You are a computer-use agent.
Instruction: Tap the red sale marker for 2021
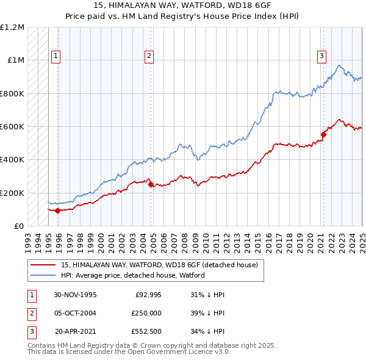[x=324, y=135]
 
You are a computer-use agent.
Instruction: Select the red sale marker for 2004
[x=151, y=184]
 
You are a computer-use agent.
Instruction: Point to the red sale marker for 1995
[x=58, y=211]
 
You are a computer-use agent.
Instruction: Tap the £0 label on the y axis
[x=18, y=226]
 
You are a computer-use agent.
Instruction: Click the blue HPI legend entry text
[x=132, y=275]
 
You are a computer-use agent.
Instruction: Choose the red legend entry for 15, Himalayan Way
[x=160, y=265]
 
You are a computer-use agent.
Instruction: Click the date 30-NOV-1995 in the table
[x=76, y=295]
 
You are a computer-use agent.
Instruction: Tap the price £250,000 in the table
[x=146, y=314]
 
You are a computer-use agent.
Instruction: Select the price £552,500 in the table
[x=146, y=333]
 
